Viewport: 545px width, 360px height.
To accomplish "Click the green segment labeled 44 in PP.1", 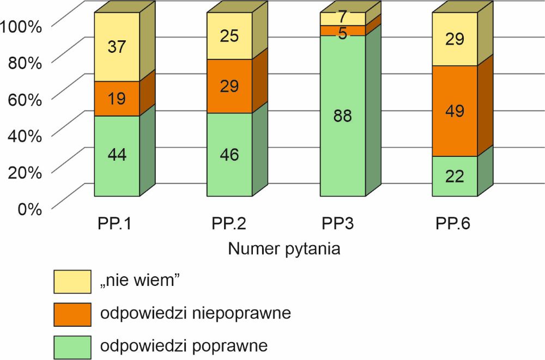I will (x=117, y=155).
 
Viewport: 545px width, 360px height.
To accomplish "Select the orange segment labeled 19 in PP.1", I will (x=117, y=99).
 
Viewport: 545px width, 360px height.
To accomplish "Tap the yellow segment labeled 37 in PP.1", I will (x=117, y=47).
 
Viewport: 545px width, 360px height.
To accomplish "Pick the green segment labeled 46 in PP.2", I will (x=229, y=154).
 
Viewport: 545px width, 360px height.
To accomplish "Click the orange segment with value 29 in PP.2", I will (x=229, y=86).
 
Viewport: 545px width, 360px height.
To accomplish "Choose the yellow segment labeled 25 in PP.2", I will (x=229, y=36).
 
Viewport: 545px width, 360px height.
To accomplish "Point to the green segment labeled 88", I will (x=342, y=116).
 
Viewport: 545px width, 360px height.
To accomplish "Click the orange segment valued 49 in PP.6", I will (x=455, y=111).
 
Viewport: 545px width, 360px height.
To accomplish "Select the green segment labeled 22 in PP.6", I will (x=455, y=176).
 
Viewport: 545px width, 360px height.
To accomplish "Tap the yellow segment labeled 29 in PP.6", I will (x=455, y=39).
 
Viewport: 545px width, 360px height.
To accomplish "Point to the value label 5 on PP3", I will (x=343, y=33).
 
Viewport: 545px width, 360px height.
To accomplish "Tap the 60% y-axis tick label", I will (x=25, y=99).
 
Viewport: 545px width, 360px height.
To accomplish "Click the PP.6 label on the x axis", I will (x=453, y=225).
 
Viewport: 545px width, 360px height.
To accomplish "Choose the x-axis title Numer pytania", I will (x=284, y=249).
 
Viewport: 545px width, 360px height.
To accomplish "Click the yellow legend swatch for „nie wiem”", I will (x=71, y=281).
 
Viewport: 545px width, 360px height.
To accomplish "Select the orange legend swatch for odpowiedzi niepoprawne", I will (x=71, y=314).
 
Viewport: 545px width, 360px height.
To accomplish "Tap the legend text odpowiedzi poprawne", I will (x=183, y=346).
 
